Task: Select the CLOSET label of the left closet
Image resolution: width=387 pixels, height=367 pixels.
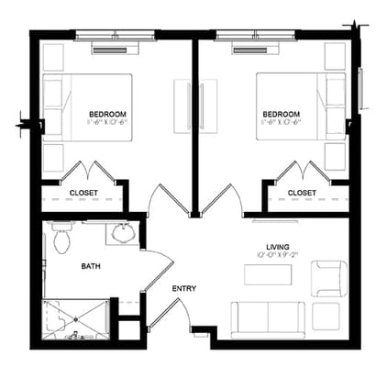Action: tap(83, 192)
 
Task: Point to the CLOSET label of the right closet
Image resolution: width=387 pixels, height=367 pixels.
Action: tap(302, 192)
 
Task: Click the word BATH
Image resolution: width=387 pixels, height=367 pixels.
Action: tap(91, 267)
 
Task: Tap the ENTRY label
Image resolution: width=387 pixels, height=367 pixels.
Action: tap(183, 289)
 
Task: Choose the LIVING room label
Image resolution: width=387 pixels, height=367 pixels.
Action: tap(277, 248)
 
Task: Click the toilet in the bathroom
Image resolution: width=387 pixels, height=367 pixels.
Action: tap(62, 239)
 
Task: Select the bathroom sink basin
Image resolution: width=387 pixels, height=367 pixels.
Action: tap(122, 234)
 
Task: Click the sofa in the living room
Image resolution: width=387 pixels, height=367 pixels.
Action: tap(268, 318)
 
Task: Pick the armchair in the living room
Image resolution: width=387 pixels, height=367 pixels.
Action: tap(327, 278)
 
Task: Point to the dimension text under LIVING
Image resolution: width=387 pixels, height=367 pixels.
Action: tap(277, 258)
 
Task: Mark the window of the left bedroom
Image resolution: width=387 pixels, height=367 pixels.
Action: tap(116, 37)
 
